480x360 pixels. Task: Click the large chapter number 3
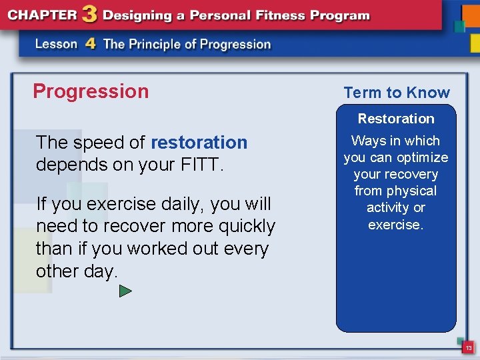point(87,15)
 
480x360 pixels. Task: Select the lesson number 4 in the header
point(90,45)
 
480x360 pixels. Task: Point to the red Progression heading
point(91,91)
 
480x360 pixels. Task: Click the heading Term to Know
point(397,93)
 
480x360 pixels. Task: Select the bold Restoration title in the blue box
point(396,119)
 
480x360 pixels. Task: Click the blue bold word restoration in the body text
point(199,143)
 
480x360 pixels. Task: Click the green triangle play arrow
point(125,291)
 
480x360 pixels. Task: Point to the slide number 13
point(469,348)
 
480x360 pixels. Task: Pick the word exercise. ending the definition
point(396,225)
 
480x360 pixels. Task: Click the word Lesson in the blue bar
point(57,45)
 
